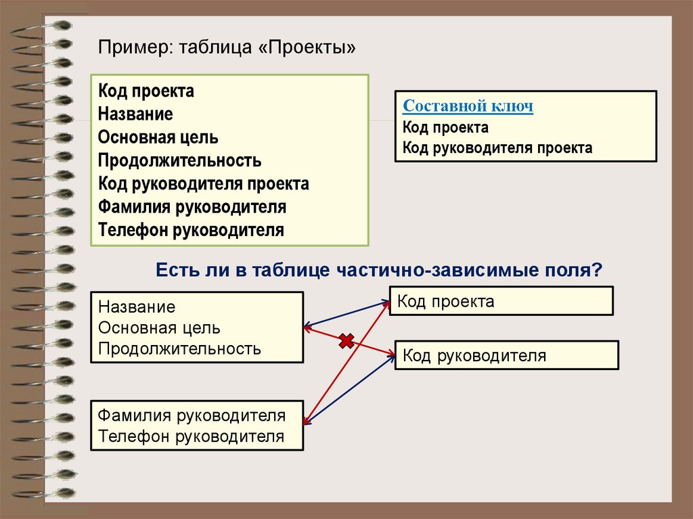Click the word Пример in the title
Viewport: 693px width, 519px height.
[133, 48]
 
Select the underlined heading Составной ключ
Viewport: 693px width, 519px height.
[468, 106]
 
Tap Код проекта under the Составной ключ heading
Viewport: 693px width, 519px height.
[445, 127]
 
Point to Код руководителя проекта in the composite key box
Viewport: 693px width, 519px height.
[497, 148]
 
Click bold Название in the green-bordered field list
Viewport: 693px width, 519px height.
[135, 114]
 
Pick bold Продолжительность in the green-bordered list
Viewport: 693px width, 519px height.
[179, 160]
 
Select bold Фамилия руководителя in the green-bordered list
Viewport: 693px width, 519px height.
[192, 206]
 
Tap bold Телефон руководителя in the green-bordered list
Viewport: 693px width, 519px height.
[190, 229]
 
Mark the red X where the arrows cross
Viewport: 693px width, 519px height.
[346, 342]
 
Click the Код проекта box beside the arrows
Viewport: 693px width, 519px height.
[501, 301]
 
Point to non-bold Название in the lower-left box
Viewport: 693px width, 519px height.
[137, 307]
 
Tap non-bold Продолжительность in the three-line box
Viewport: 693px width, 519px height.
[179, 348]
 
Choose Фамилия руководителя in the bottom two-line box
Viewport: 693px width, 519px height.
[192, 415]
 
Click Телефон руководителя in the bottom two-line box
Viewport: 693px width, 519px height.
[191, 436]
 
